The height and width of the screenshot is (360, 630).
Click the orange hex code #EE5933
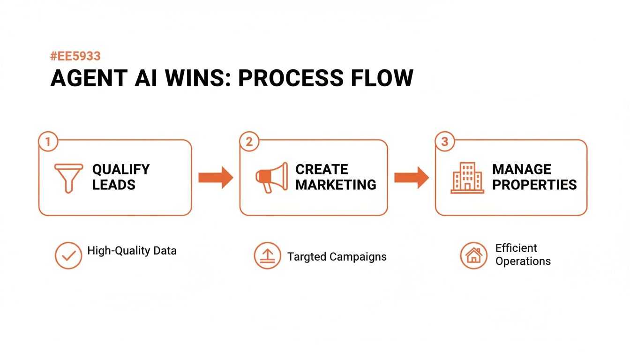click(x=75, y=57)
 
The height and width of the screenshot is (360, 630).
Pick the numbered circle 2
click(x=249, y=142)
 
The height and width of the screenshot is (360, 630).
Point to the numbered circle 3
click(x=444, y=142)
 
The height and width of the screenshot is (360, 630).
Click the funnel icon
click(x=68, y=178)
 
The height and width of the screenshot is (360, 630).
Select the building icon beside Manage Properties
click(x=467, y=178)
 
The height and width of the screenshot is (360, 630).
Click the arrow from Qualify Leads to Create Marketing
click(x=216, y=177)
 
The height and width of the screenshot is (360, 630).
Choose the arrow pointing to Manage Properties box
click(x=412, y=177)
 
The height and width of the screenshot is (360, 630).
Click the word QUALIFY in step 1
click(x=121, y=169)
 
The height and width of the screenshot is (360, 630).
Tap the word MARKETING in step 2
click(x=336, y=185)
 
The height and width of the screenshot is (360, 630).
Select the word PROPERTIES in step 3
click(x=534, y=185)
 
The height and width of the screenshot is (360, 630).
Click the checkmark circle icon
click(x=68, y=255)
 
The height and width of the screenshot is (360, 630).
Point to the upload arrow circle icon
click(x=267, y=255)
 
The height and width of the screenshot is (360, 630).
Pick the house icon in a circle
click(x=474, y=255)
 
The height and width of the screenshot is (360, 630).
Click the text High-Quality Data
click(x=132, y=251)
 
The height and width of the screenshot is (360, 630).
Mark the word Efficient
click(x=516, y=248)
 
